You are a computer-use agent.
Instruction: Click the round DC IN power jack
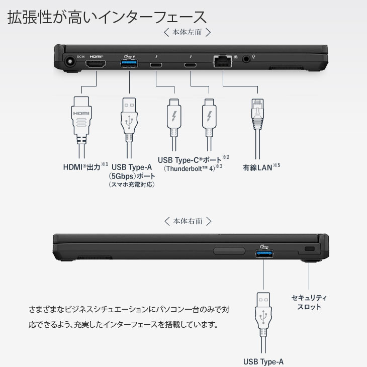(x=70, y=62)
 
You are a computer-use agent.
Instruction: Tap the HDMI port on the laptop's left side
(x=96, y=64)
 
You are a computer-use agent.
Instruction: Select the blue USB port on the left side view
(x=129, y=63)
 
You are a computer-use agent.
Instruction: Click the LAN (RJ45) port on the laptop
(x=223, y=61)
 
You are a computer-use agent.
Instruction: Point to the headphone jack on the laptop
(x=246, y=59)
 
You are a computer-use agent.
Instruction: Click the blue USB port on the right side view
(x=264, y=253)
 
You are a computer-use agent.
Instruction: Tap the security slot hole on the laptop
(x=310, y=248)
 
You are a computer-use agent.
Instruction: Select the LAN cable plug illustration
(x=257, y=129)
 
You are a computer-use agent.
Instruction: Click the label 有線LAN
(x=257, y=168)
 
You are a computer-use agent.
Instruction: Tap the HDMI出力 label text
(x=81, y=167)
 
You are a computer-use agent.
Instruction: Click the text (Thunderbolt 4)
(x=190, y=168)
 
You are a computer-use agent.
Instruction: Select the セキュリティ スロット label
(x=309, y=302)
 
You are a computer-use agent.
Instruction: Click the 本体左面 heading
(x=187, y=32)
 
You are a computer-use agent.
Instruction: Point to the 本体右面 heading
(x=188, y=221)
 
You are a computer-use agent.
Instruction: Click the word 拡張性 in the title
(x=30, y=17)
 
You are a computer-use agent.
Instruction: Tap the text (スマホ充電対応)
(x=132, y=185)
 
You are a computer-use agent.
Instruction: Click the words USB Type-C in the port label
(x=178, y=160)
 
